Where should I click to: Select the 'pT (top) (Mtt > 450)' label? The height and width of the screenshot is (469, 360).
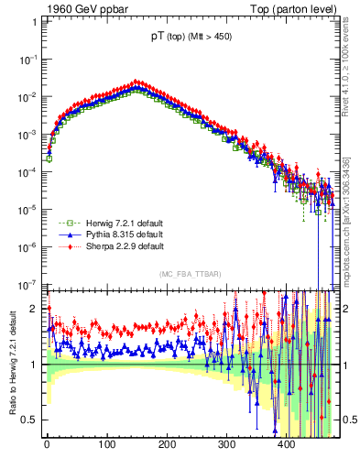191,38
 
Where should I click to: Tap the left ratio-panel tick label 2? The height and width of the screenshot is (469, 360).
35,309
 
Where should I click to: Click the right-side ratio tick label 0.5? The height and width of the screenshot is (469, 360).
345,420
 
